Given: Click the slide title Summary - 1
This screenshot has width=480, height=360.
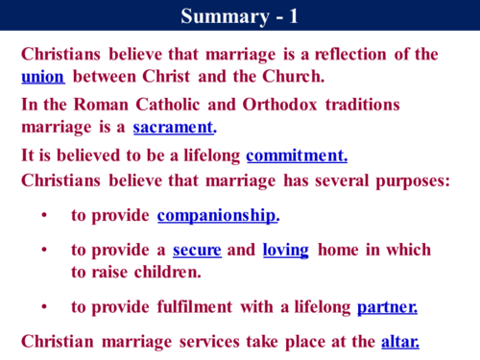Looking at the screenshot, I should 239,15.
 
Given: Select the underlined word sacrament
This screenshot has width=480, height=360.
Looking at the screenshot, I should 174,126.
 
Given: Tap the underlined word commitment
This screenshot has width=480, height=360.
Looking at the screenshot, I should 297,156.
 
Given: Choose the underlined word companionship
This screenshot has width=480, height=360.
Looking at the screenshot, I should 217,215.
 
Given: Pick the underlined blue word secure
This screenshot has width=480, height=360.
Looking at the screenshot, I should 197,250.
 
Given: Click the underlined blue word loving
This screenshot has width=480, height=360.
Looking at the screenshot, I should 285,250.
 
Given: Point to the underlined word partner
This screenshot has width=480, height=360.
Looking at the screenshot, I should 387,307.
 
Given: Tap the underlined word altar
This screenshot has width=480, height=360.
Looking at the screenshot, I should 400,340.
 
